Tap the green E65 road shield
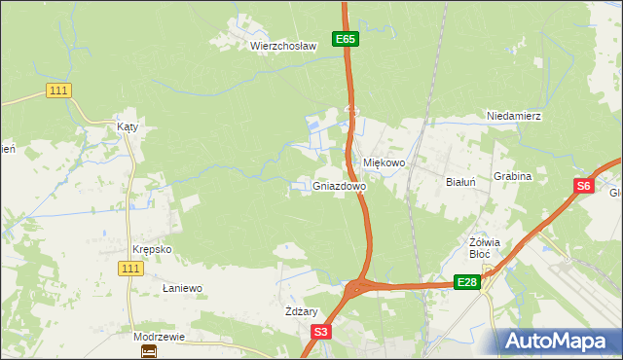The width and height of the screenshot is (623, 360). (346, 39)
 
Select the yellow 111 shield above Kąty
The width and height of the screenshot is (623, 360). (59, 90)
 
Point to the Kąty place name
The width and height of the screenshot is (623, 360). (128, 126)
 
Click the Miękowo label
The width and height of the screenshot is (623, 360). (384, 163)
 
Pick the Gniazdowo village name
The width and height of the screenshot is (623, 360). (340, 185)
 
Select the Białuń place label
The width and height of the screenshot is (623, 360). (459, 182)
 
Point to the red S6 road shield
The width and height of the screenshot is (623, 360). (582, 187)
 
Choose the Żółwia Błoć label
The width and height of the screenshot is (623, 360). (484, 248)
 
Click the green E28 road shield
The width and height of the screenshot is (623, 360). (467, 282)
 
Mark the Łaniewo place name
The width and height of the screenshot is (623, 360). (182, 289)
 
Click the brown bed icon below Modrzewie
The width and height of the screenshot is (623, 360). (148, 351)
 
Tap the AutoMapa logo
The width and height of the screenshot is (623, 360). (557, 342)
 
